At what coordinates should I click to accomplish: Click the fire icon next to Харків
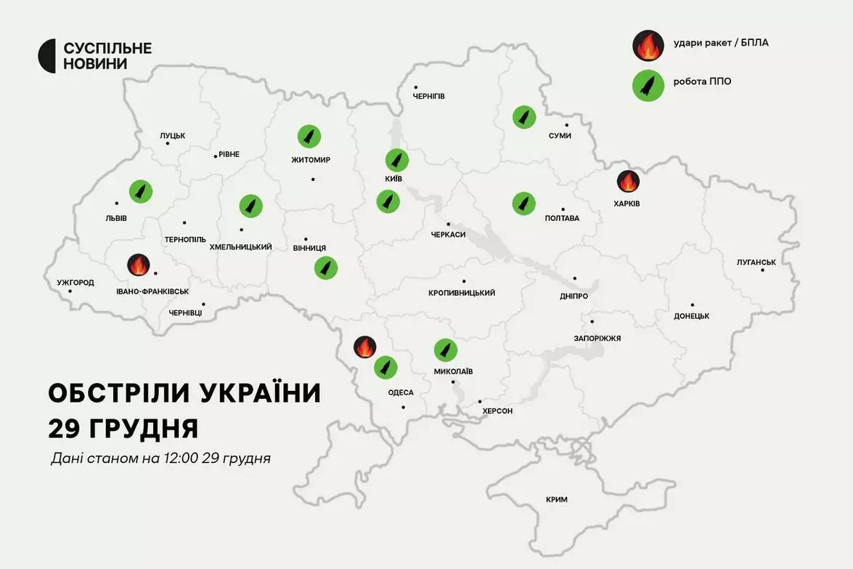[628, 182]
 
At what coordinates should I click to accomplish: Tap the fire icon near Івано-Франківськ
[138, 265]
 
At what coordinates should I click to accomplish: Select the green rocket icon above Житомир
[309, 137]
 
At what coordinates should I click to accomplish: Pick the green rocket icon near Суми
[523, 117]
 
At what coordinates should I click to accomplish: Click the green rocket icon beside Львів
[141, 191]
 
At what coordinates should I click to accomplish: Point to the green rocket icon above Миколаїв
[445, 350]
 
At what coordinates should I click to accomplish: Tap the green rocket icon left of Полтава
[523, 203]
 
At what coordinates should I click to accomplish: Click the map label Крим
[557, 499]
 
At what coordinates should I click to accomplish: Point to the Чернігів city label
[428, 96]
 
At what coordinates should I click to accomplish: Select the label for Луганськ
[756, 262]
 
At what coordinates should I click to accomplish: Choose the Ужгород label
[75, 283]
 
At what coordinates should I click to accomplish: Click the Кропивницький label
[462, 293]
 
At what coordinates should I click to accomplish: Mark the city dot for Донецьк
[693, 305]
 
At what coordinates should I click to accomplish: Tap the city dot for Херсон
[480, 401]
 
